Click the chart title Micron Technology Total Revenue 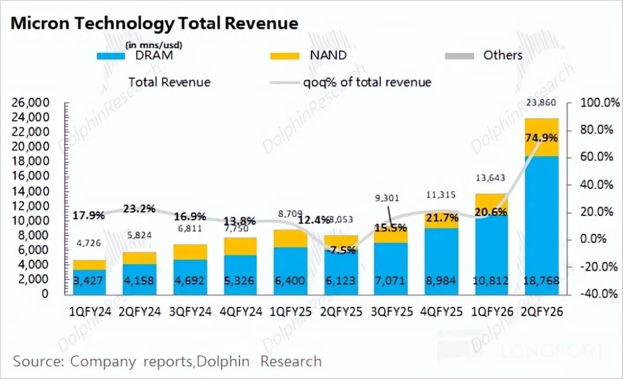click(155, 24)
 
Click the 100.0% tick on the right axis click(594, 103)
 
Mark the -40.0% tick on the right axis click(594, 293)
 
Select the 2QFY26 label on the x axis click(542, 312)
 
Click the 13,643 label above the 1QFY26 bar click(490, 178)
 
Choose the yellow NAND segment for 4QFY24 click(241, 246)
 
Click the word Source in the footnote click(38, 362)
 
